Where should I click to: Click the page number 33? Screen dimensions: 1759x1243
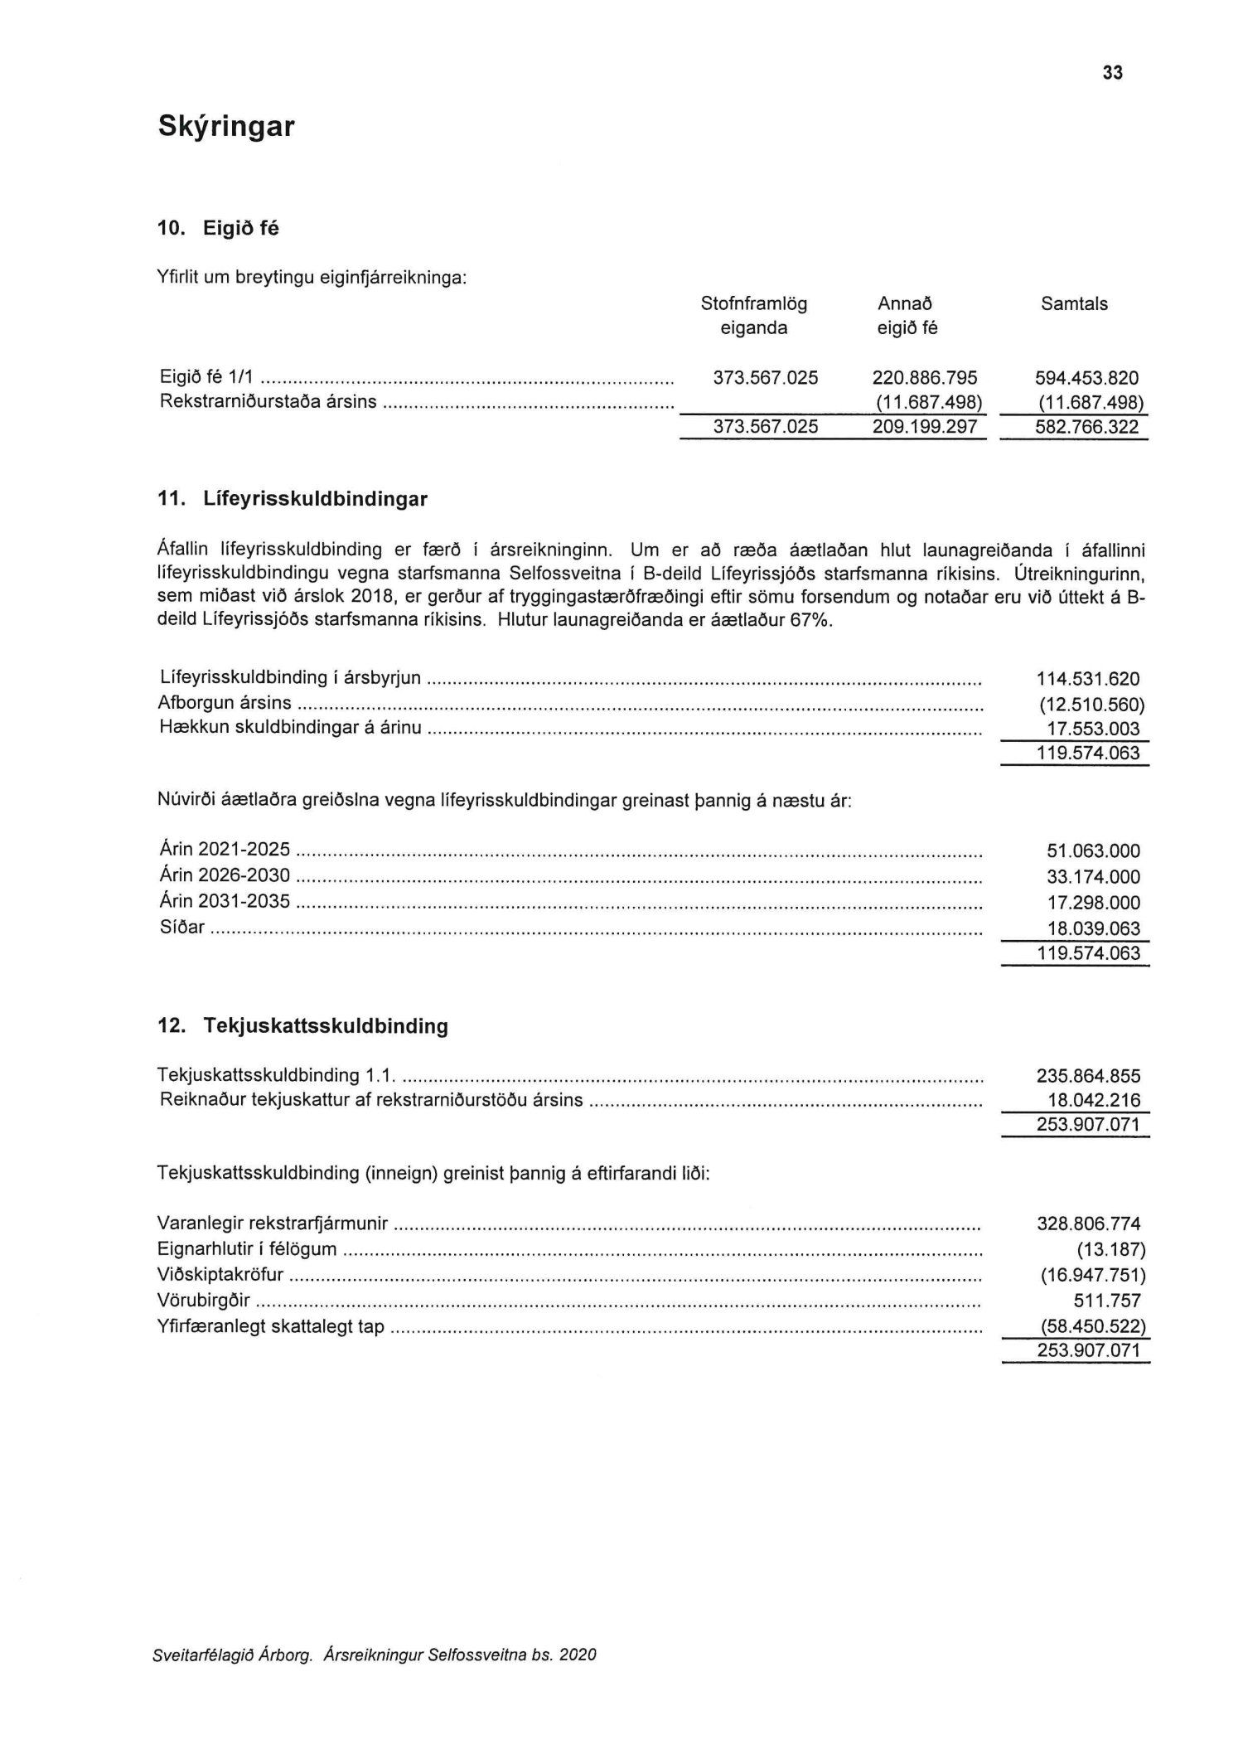(1112, 73)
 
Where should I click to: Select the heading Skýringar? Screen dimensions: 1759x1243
(225, 127)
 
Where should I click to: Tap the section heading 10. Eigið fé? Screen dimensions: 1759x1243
(218, 228)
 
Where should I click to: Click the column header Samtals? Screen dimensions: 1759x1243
(1073, 304)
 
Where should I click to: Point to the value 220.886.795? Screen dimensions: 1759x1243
(924, 378)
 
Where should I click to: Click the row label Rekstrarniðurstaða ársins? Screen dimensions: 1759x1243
(268, 402)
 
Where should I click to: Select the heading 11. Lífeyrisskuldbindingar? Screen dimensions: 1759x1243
(293, 499)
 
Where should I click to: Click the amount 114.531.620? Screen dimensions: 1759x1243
(1087, 680)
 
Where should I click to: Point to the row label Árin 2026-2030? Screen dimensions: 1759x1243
(225, 875)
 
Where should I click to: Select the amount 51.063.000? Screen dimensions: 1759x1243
(1093, 851)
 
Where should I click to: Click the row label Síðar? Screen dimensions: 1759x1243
(181, 927)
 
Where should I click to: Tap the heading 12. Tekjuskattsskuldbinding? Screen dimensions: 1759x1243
(302, 1026)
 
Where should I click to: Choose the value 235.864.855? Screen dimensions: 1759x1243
(1087, 1077)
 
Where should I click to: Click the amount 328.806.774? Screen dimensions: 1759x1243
(1087, 1224)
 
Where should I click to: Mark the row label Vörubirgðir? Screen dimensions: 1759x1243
(203, 1301)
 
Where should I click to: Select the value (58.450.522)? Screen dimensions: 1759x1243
(1092, 1326)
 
